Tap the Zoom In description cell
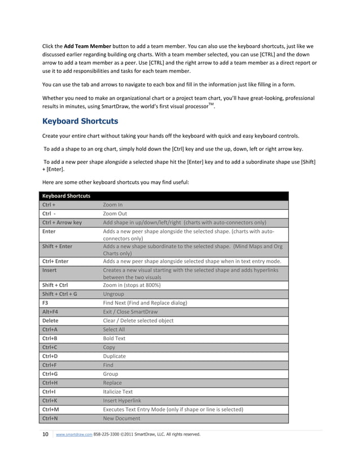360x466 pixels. pyautogui.click(x=113, y=204)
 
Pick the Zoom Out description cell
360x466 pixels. pyautogui.click(x=115, y=213)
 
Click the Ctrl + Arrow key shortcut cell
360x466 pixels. pyautogui.click(x=62, y=222)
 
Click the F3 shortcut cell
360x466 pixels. pyautogui.click(x=46, y=303)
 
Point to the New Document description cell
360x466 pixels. pyautogui.click(x=122, y=419)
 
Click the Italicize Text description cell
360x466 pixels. pyautogui.click(x=117, y=392)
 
